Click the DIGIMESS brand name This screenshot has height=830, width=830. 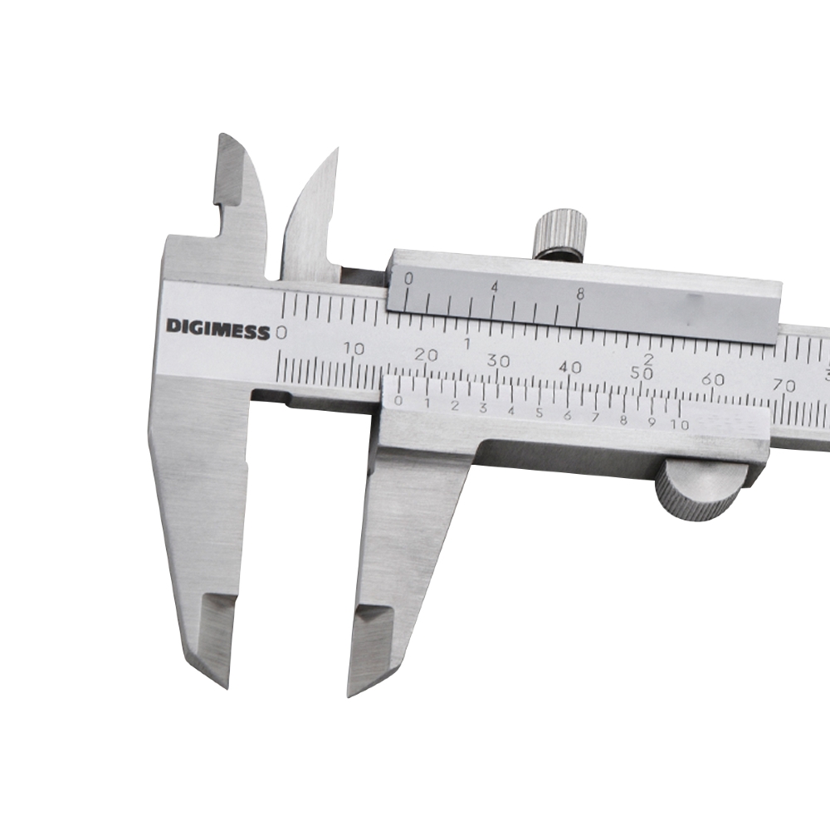pos(217,330)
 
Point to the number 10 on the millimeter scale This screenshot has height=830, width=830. pos(354,349)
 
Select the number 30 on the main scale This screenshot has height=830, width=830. pos(498,361)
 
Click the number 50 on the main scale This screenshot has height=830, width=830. pos(642,373)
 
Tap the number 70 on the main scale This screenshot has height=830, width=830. pos(784,385)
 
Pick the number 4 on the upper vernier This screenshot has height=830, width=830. pos(495,287)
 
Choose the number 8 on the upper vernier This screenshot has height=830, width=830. pos(580,295)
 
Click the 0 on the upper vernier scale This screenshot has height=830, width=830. pos(408,278)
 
